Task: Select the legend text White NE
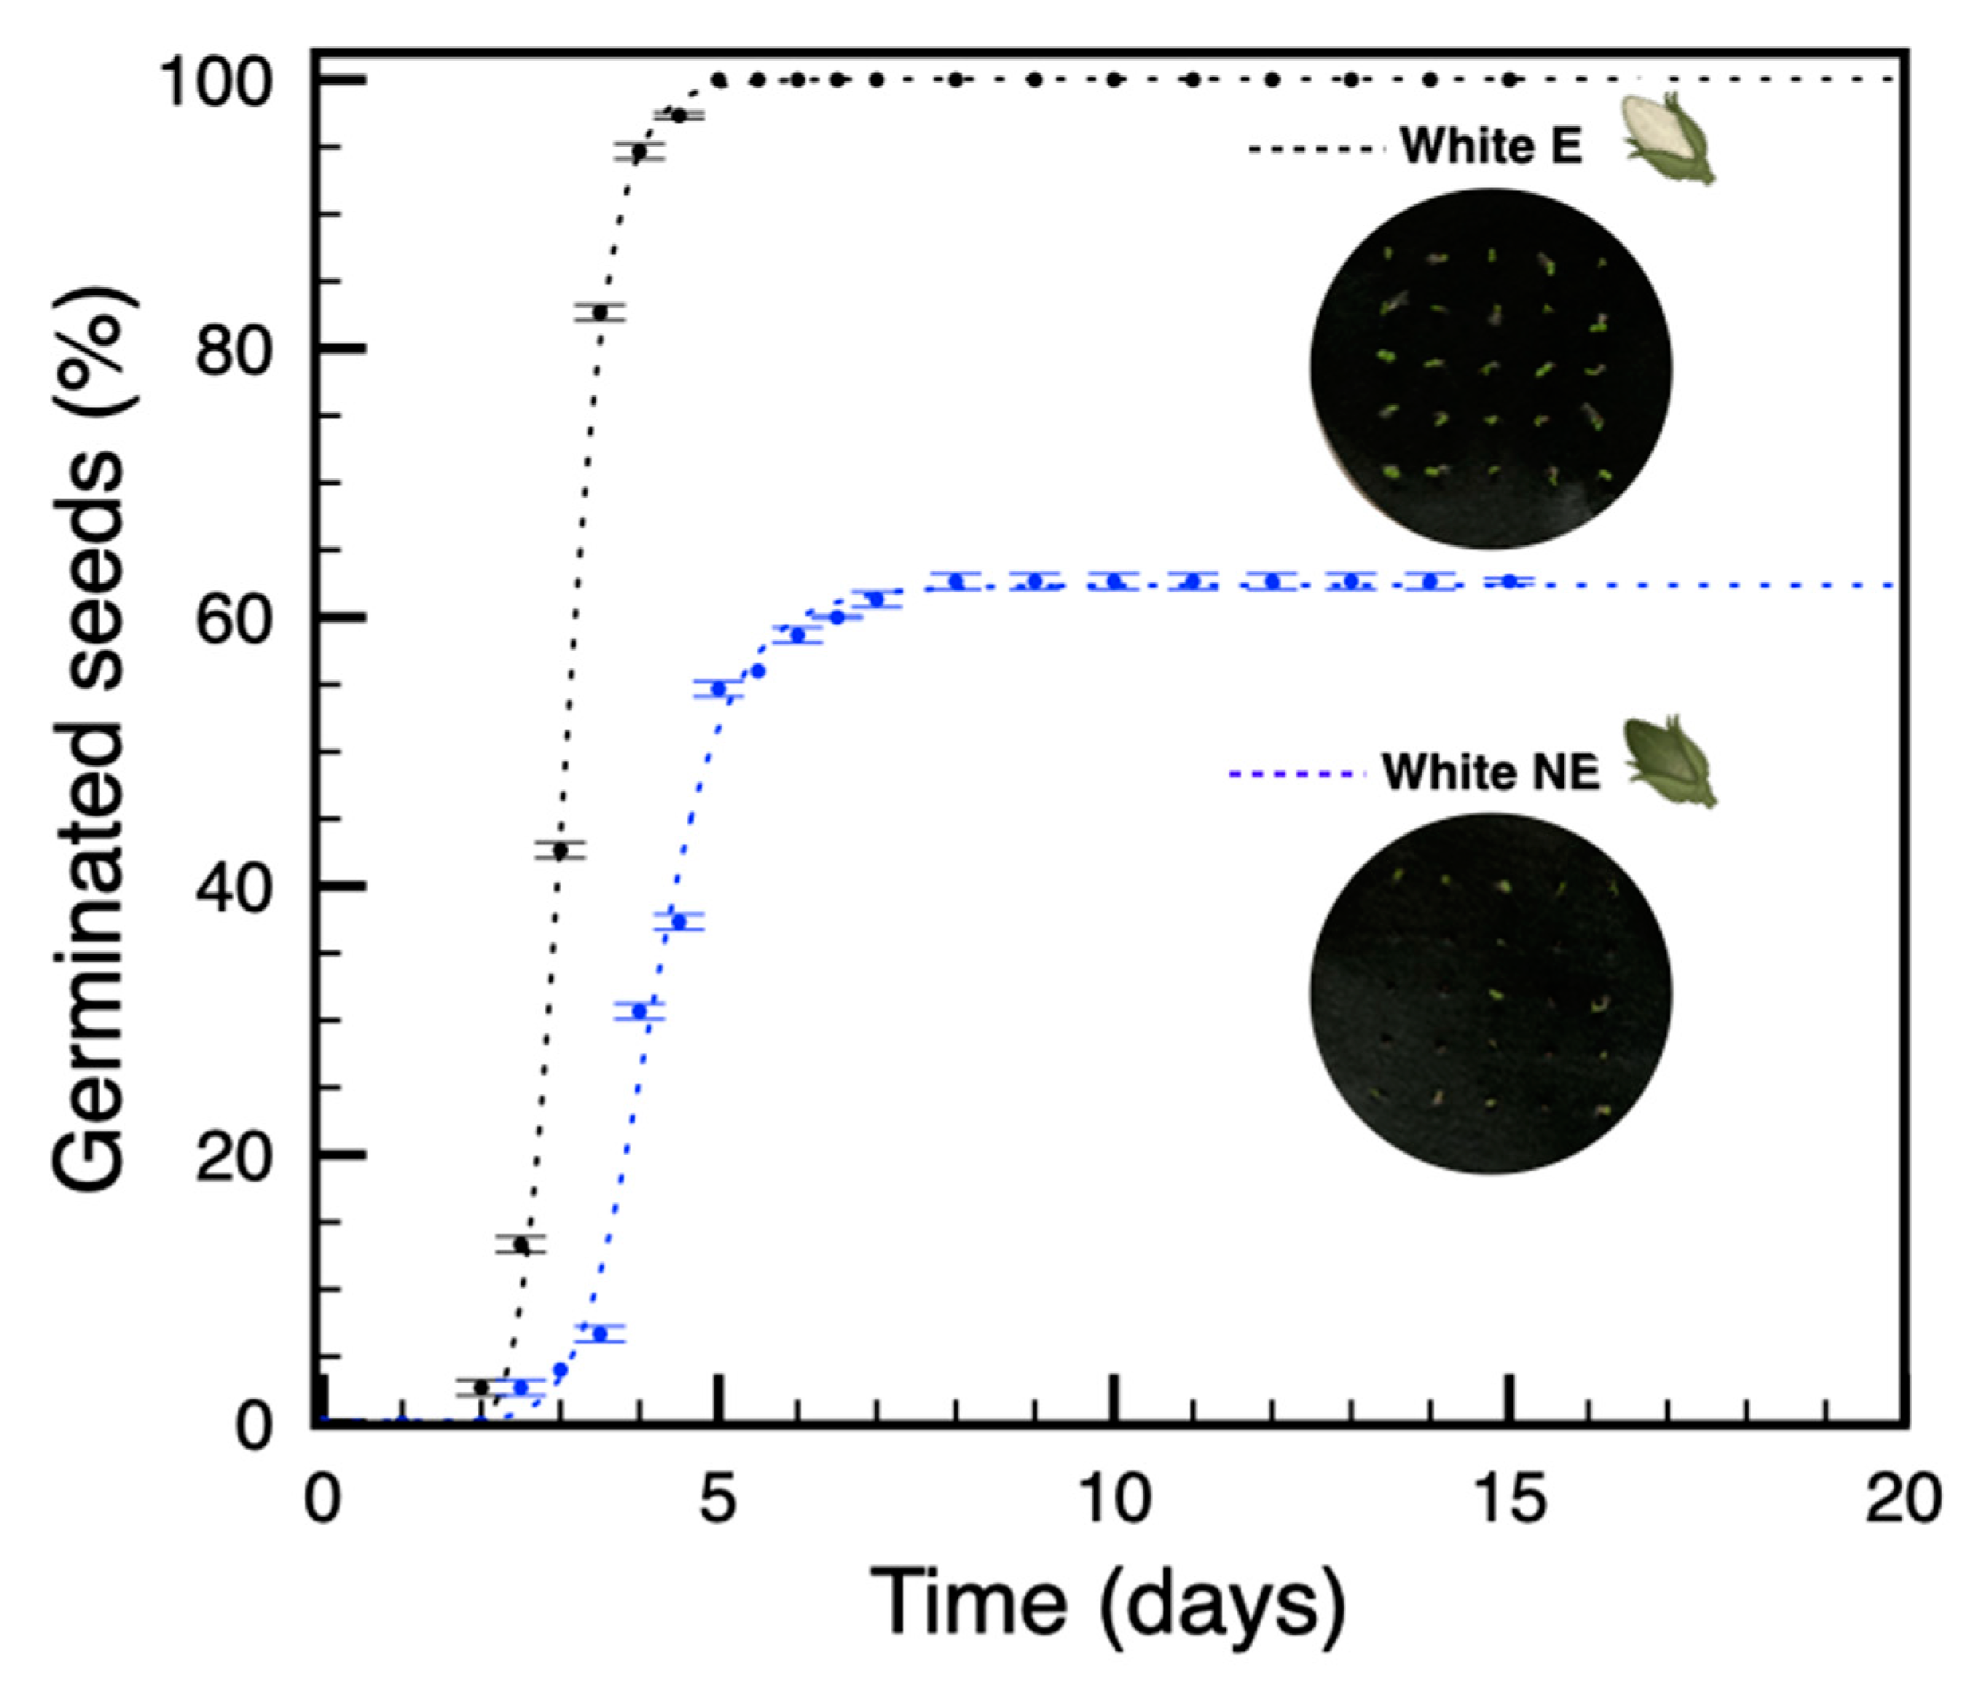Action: (x=1490, y=772)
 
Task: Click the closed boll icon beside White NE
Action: (x=1670, y=762)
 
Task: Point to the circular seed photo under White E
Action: (x=1491, y=368)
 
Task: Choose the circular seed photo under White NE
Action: (x=1491, y=994)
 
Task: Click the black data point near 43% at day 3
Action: (x=561, y=850)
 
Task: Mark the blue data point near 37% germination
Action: (x=679, y=922)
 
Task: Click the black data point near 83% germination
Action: (x=600, y=313)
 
